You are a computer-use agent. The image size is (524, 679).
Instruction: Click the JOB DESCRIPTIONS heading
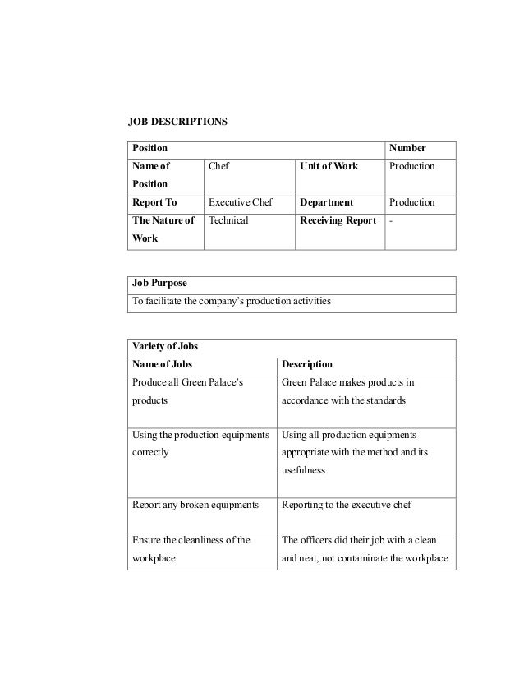pyautogui.click(x=177, y=122)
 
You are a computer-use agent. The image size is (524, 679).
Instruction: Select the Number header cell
pyautogui.click(x=407, y=149)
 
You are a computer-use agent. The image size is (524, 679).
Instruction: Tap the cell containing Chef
pyautogui.click(x=219, y=166)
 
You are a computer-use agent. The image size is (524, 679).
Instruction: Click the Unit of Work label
pyautogui.click(x=329, y=166)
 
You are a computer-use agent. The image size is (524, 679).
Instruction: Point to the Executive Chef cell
pyautogui.click(x=240, y=202)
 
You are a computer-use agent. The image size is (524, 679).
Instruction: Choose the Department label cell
pyautogui.click(x=327, y=202)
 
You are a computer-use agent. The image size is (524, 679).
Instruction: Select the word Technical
pyautogui.click(x=228, y=220)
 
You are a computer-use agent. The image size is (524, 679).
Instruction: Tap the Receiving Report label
pyautogui.click(x=338, y=220)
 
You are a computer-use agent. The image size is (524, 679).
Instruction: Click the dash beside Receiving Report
pyautogui.click(x=391, y=220)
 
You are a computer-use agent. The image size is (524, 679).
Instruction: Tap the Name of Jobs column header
pyautogui.click(x=164, y=364)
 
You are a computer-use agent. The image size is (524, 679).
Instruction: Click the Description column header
pyautogui.click(x=307, y=364)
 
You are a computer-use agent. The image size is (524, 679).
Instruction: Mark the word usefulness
pyautogui.click(x=304, y=470)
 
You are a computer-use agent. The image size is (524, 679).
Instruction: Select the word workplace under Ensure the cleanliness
pyautogui.click(x=155, y=559)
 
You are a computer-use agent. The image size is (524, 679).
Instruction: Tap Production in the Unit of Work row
pyautogui.click(x=412, y=166)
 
